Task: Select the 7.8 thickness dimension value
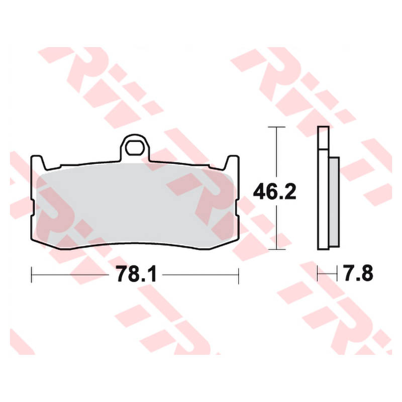(358, 274)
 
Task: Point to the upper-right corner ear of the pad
(233, 162)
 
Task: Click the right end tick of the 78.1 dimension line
(238, 274)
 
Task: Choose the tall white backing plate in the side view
(324, 201)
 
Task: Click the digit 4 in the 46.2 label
(260, 191)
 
